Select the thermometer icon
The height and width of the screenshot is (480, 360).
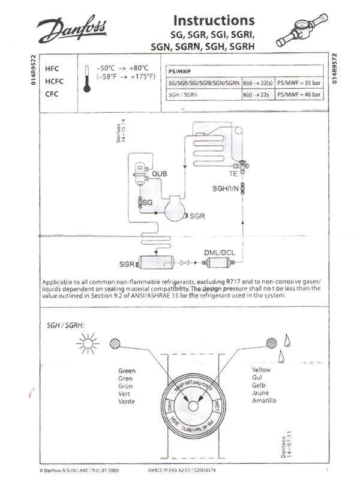(87, 79)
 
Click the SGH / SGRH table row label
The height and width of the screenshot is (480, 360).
(183, 95)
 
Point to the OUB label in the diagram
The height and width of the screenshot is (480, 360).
(160, 173)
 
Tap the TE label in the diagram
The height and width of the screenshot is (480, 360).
(233, 173)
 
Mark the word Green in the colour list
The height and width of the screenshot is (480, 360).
(127, 371)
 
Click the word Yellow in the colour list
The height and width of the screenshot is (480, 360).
(261, 370)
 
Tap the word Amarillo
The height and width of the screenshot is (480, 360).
(264, 400)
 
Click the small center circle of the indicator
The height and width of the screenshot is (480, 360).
(194, 406)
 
